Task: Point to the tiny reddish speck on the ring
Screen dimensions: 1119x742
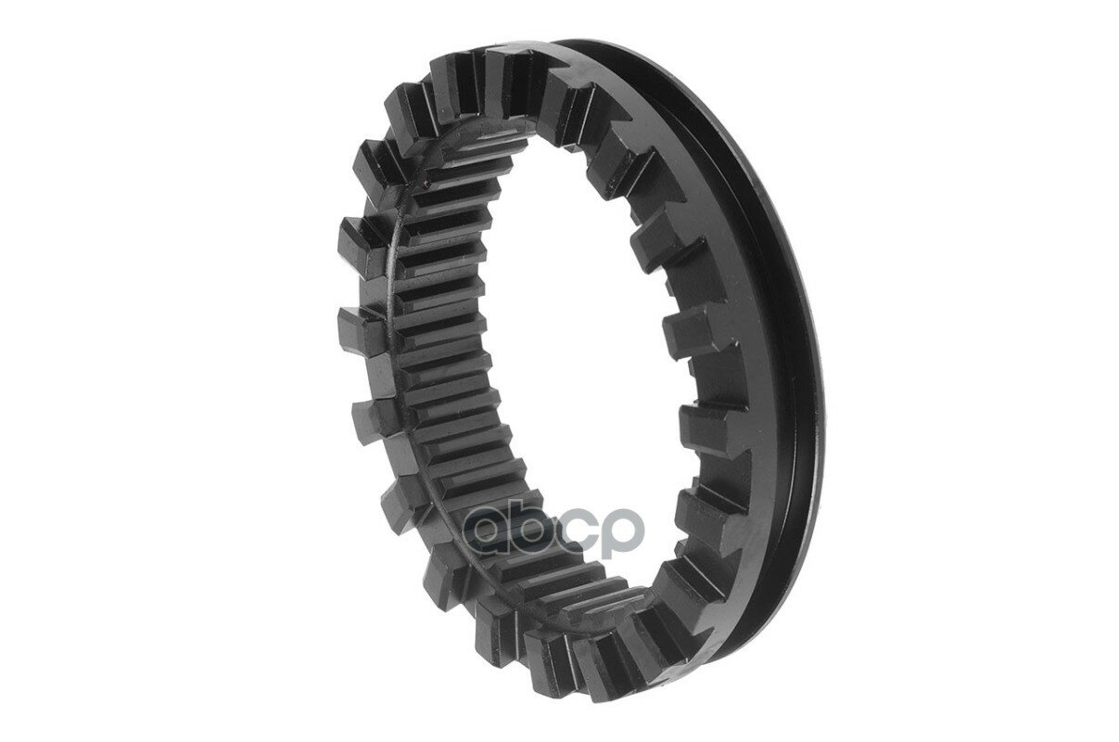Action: pyautogui.click(x=426, y=184)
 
